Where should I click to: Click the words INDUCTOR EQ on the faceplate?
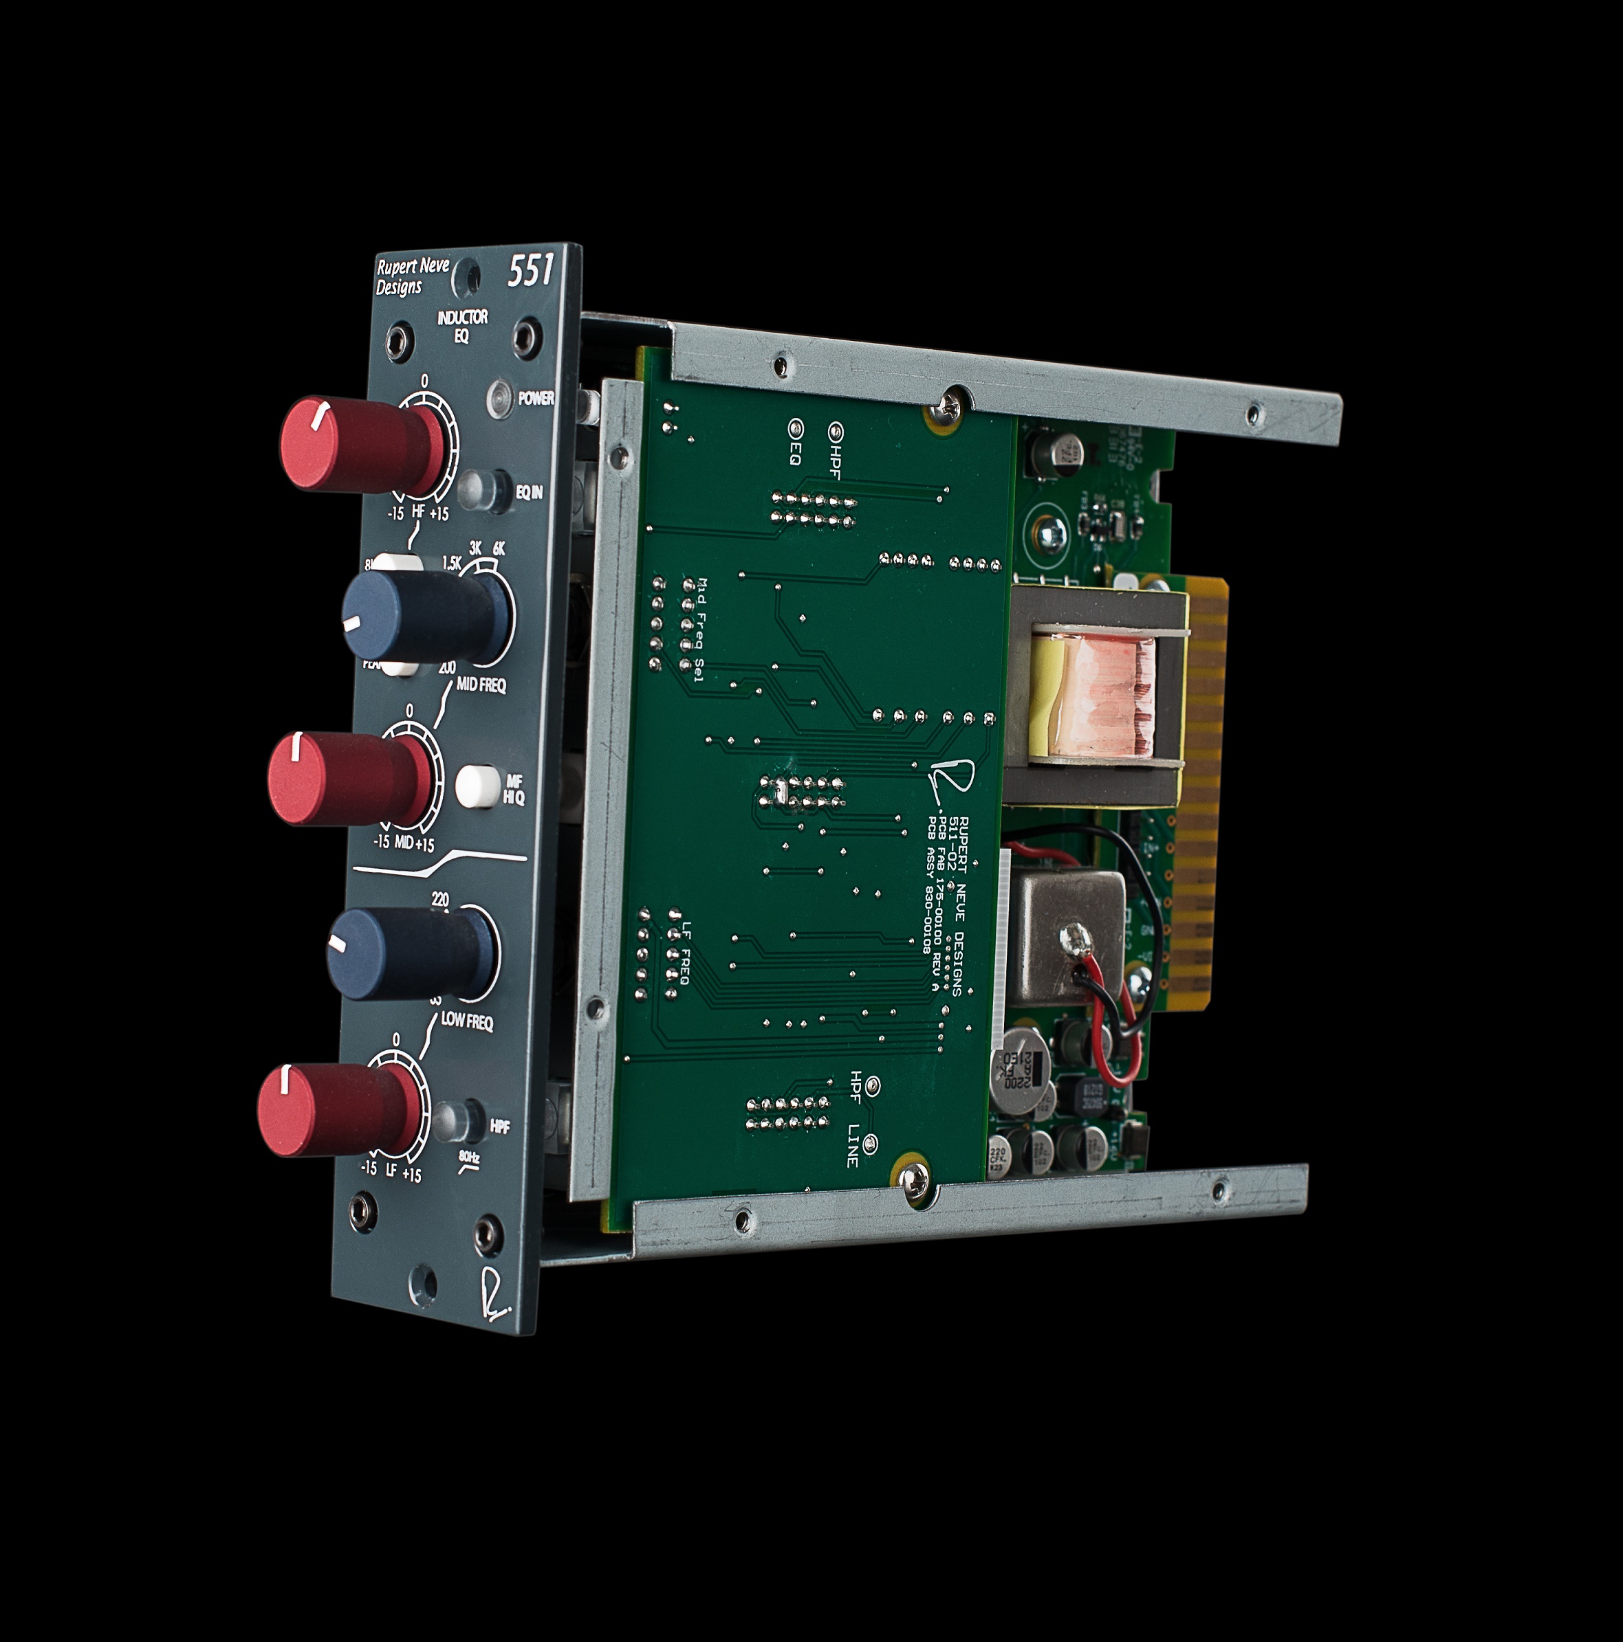click(461, 326)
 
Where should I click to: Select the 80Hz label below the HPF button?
click(469, 1157)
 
